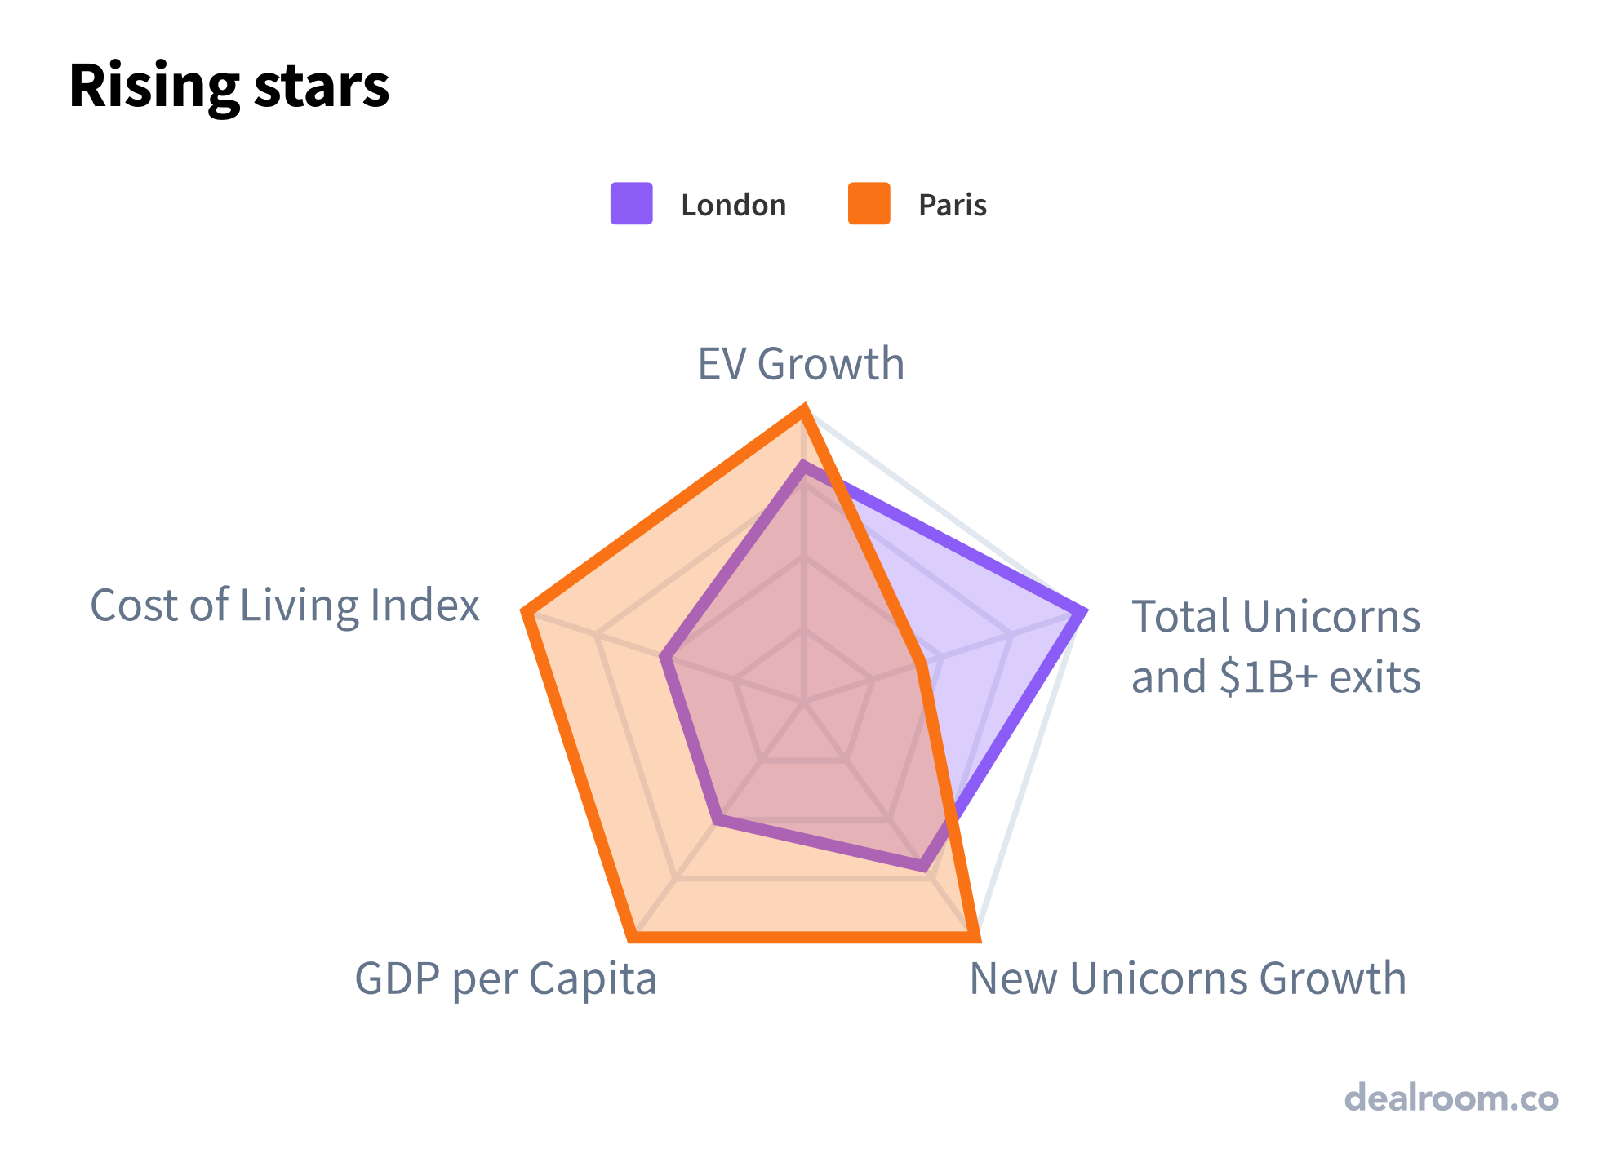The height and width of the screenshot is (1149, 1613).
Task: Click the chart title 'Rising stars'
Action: [x=229, y=87]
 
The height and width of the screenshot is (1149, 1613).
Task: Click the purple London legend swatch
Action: [x=631, y=203]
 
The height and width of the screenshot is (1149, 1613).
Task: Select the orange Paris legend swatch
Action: [x=869, y=203]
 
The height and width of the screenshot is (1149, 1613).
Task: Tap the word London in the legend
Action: [x=733, y=205]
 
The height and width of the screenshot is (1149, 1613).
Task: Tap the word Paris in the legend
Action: [x=952, y=205]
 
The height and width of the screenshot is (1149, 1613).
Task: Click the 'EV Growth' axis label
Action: [x=801, y=364]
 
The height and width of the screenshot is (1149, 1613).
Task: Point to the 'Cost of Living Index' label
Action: [x=284, y=606]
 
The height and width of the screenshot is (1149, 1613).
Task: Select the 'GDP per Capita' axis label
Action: [x=505, y=978]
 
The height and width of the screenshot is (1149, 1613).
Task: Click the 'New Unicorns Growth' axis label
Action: [x=1188, y=978]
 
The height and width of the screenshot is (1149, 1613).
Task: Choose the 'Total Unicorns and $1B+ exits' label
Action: [x=1275, y=646]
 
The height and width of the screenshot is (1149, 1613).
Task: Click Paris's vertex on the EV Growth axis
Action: [x=804, y=410]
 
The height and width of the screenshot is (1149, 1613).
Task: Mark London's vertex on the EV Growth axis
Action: [x=804, y=467]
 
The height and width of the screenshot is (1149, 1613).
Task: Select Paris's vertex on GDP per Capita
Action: [x=633, y=937]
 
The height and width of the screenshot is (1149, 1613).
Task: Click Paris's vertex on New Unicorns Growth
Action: [x=975, y=937]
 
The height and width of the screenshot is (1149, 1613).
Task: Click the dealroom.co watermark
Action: [x=1451, y=1098]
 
